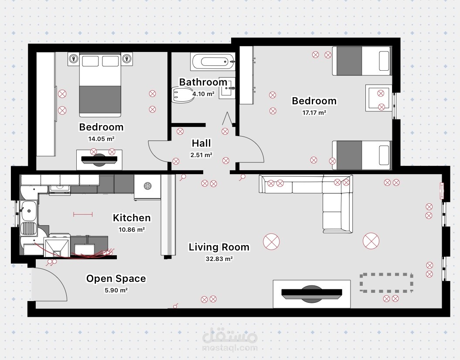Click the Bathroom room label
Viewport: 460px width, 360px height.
203,82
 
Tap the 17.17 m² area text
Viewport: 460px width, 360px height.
314,113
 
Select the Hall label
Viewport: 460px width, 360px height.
201,143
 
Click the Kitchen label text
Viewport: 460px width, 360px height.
132,218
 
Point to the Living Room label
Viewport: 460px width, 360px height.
219,247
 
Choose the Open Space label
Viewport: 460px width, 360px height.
116,279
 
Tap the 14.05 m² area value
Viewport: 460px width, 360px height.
101,139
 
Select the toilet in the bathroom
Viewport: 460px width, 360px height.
184,95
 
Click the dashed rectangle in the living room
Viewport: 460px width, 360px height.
386,274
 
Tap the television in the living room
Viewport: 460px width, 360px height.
312,294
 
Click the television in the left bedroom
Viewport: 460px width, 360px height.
99,159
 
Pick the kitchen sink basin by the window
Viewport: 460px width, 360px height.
28,211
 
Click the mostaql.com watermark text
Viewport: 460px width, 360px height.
230,348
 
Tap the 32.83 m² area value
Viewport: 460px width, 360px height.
219,259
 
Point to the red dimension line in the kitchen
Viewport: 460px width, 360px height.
83,214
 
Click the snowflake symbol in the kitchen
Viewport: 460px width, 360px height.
147,186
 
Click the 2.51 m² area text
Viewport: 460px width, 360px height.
201,155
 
